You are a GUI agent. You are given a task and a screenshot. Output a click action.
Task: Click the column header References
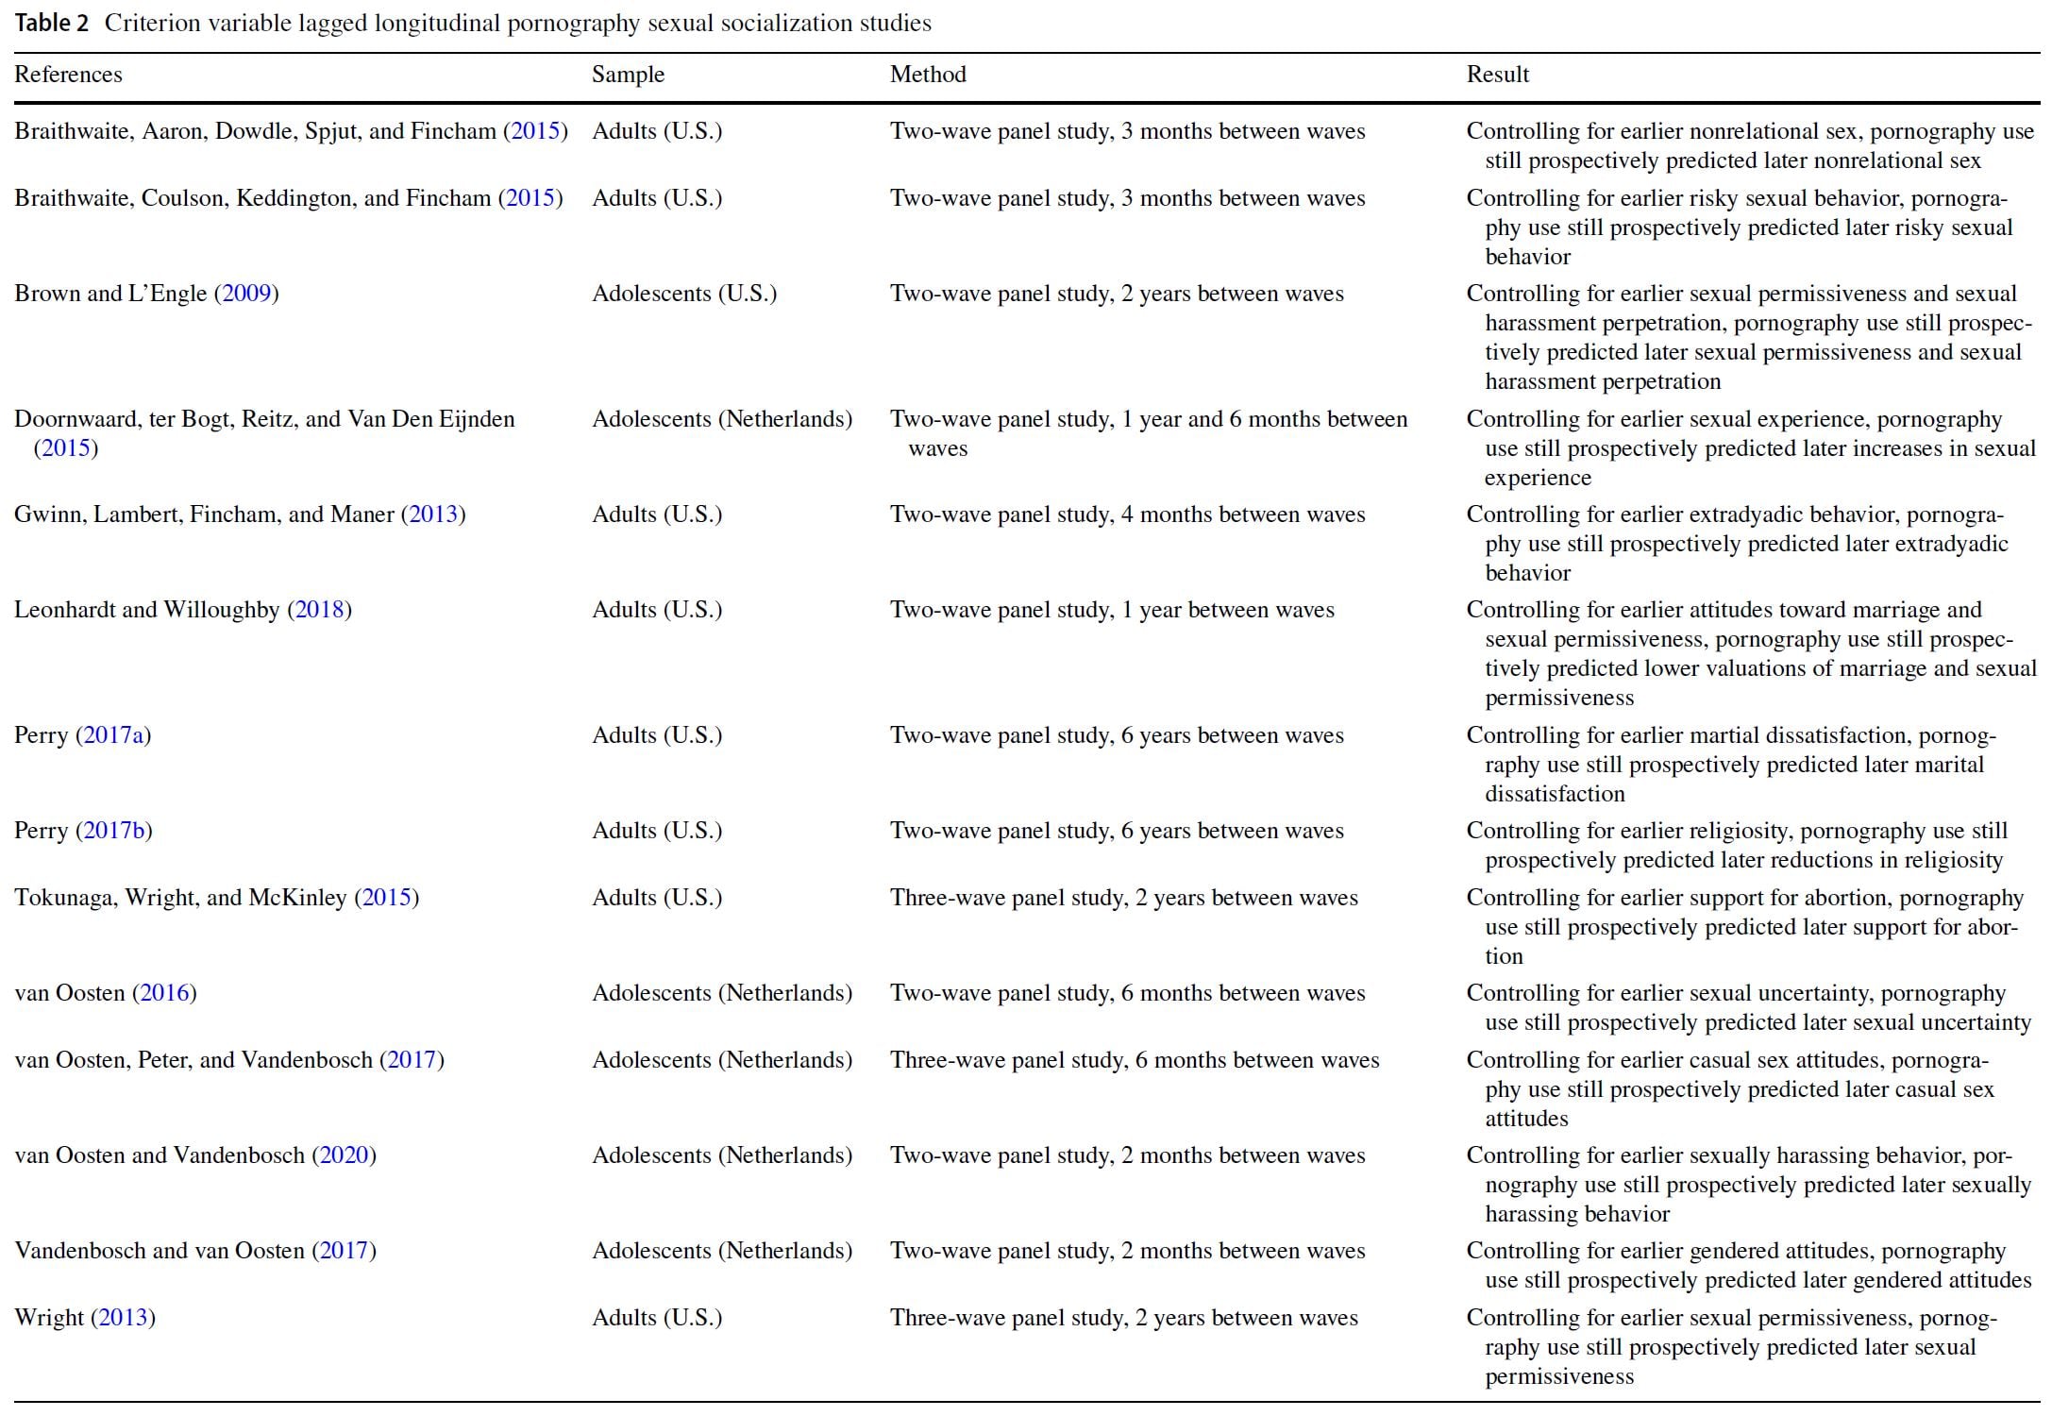tap(68, 75)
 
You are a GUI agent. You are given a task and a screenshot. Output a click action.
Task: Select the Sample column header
tap(628, 75)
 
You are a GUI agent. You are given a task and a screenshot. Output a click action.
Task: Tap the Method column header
tap(928, 75)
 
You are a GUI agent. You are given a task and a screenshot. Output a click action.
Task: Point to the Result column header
tap(1497, 75)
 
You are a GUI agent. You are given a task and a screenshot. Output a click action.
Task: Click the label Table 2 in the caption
tap(52, 24)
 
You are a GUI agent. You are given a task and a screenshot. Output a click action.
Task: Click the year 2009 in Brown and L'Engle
tap(247, 294)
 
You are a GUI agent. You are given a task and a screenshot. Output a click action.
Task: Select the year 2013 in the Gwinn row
tap(433, 514)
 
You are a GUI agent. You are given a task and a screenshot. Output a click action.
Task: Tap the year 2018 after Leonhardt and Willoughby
tap(319, 610)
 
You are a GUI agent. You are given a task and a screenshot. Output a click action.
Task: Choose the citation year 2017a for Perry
tap(113, 735)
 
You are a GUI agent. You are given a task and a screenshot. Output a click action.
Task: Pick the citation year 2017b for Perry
tap(113, 831)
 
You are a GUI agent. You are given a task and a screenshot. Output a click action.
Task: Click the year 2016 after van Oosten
tap(165, 993)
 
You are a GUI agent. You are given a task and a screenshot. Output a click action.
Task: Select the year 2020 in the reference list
tap(345, 1155)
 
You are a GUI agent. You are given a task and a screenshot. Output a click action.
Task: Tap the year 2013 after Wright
tap(124, 1318)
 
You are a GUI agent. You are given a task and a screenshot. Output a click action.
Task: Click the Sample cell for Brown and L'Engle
tap(684, 294)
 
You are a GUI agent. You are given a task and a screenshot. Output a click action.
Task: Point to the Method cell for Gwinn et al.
tap(1127, 514)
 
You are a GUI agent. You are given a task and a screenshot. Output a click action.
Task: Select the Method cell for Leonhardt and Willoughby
tap(1112, 610)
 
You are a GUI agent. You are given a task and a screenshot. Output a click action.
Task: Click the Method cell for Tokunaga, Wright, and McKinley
tap(1123, 898)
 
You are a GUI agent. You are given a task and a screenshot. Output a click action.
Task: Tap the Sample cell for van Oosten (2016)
tap(722, 993)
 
